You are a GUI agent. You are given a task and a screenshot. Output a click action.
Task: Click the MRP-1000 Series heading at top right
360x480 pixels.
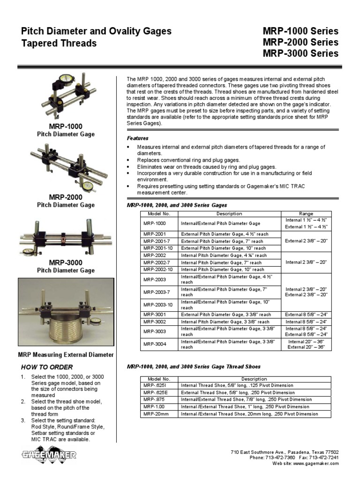[300, 31]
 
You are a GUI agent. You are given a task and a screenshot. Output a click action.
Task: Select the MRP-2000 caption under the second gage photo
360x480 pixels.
[66, 197]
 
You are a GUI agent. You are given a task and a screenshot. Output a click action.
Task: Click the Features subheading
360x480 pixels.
[138, 138]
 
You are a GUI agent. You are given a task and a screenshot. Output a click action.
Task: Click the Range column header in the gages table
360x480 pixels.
[306, 213]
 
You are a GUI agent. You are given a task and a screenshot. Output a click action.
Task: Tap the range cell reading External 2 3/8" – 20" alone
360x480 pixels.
[306, 241]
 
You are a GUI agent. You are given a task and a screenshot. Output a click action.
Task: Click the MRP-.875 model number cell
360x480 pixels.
[155, 399]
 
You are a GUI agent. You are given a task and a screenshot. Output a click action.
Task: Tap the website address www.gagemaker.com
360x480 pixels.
[317, 463]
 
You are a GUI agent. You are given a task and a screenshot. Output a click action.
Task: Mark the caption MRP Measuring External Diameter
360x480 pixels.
[66, 355]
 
